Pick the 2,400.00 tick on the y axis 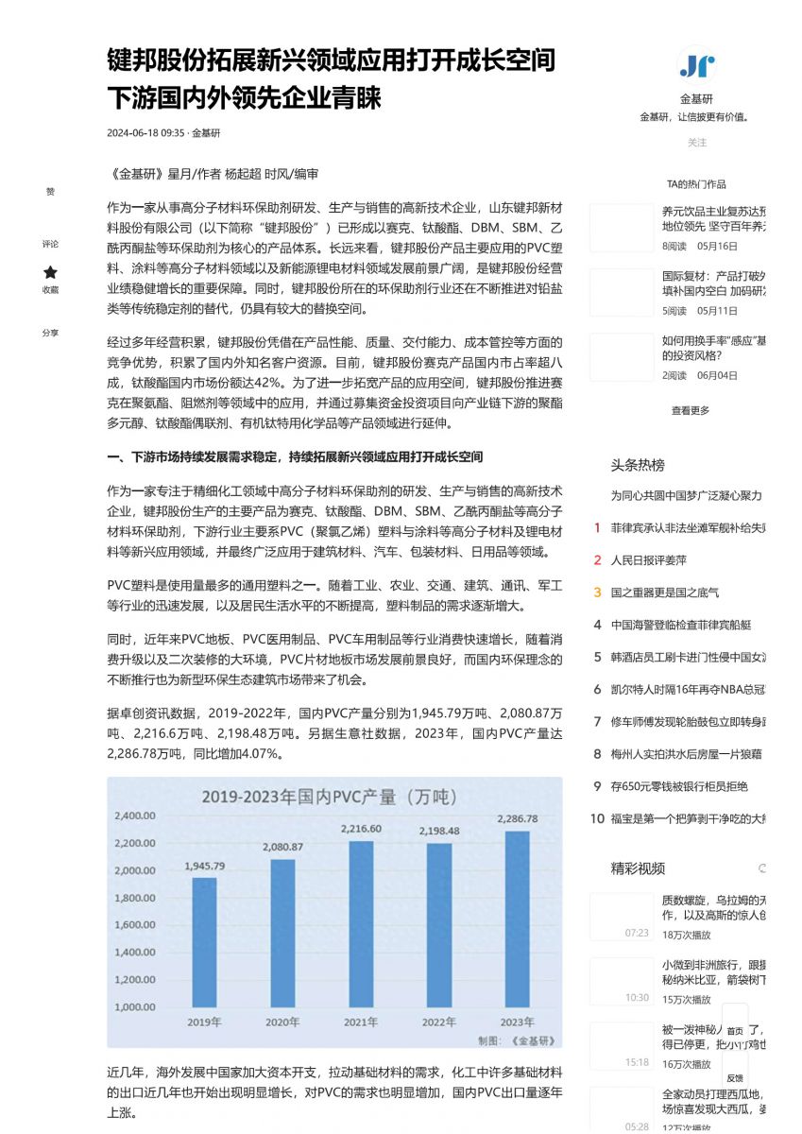(135, 816)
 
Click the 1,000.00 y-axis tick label (135, 1007)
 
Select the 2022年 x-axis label (439, 1022)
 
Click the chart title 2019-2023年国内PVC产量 (329, 797)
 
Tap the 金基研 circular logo (697, 65)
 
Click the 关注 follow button (697, 143)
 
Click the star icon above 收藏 (50, 272)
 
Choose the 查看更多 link (691, 410)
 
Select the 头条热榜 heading (638, 465)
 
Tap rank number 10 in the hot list (597, 818)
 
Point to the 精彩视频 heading (638, 868)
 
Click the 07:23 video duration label (637, 933)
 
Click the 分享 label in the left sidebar (50, 333)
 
